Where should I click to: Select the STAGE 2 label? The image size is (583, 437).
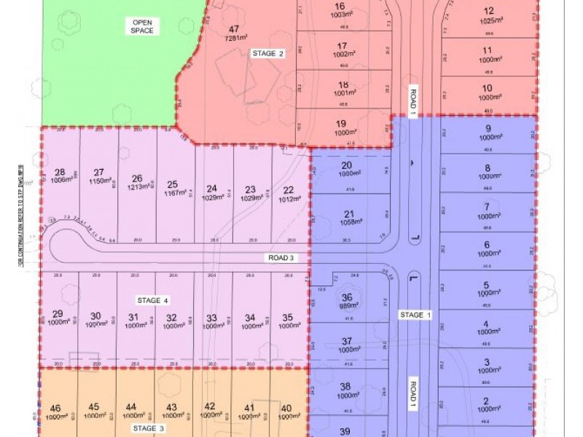267,53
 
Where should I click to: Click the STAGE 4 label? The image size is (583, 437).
153,300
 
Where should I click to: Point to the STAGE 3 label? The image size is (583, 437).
148,429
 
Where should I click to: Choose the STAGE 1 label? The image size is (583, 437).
415,315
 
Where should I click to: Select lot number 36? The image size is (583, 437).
347,297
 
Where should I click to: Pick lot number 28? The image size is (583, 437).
60,172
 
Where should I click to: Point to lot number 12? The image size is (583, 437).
488,11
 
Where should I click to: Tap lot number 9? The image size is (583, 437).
488,128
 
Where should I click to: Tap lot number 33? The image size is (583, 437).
211,318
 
